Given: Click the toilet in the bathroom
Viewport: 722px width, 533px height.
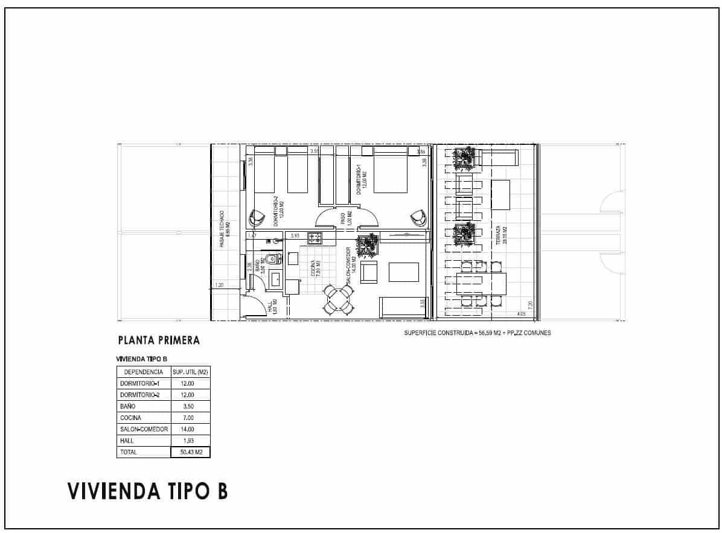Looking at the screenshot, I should [272, 260].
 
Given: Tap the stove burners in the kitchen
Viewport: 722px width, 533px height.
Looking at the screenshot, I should [315, 237].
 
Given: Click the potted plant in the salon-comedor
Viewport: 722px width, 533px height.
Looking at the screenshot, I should [367, 244].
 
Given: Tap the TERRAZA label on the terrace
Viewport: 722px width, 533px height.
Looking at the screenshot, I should [497, 237].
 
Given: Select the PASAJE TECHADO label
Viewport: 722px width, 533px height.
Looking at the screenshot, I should [223, 229].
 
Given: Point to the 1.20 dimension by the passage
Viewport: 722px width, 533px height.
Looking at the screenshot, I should [219, 285].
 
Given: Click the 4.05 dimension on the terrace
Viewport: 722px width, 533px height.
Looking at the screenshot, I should [521, 314].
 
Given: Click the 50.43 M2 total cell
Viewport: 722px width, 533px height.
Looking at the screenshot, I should [191, 452].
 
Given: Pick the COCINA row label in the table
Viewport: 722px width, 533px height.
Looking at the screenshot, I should [131, 418].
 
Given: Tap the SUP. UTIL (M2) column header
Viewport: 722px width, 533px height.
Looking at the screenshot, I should [191, 372].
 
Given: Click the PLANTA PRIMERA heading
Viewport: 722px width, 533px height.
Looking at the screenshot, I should [159, 340].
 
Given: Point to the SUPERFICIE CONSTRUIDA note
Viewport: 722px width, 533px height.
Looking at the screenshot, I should [477, 333].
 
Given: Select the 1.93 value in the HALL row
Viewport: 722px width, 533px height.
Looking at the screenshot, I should [191, 441].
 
